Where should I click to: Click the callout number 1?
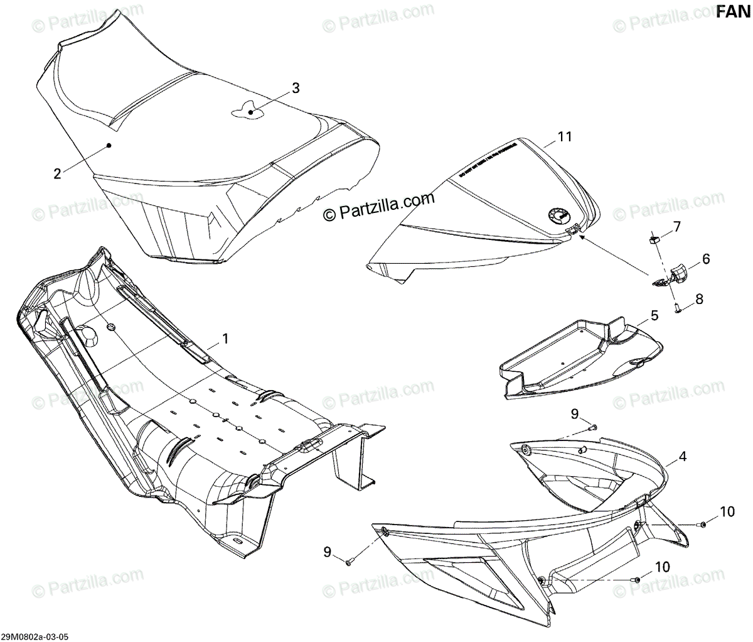(225, 339)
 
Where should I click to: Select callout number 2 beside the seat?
(57, 173)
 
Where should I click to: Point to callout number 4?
(682, 457)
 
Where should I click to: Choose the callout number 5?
(654, 315)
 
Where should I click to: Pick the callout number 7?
(677, 226)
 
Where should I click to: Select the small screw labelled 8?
(678, 308)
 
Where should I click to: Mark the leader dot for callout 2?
(109, 145)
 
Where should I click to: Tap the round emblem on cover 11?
(557, 216)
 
